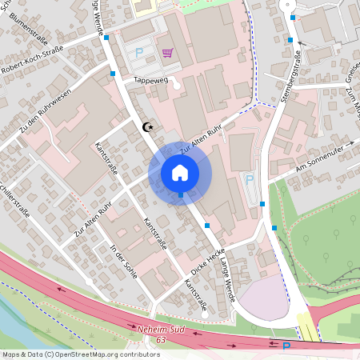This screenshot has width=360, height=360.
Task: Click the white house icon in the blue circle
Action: tap(180, 172)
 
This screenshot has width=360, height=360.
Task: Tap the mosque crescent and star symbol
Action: tap(146, 126)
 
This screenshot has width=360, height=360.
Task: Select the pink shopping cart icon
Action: tap(167, 53)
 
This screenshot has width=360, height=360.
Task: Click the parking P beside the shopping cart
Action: tap(138, 53)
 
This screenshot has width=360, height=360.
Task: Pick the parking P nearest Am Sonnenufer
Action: tap(249, 180)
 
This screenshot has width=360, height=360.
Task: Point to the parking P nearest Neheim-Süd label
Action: tap(286, 346)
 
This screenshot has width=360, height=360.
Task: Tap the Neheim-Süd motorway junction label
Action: tap(160, 330)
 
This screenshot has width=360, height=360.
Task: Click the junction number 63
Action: tap(161, 340)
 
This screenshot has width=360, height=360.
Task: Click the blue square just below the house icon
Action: tap(181, 194)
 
